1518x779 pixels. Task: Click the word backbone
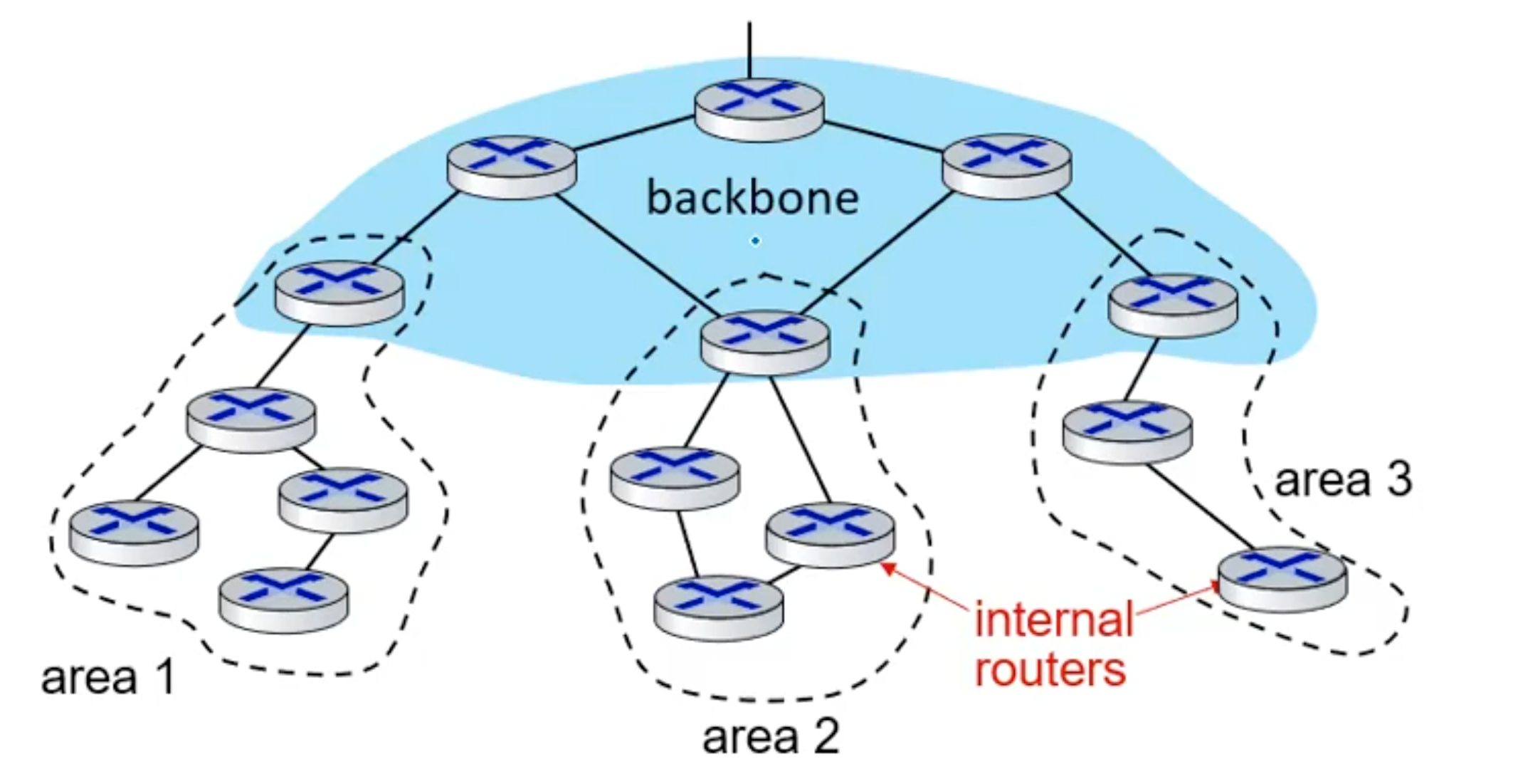(x=752, y=198)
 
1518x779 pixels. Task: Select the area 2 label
(x=771, y=737)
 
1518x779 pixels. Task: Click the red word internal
(x=1053, y=619)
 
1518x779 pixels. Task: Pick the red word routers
(x=1050, y=669)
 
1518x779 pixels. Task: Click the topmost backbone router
(x=759, y=109)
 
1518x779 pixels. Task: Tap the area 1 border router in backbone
(x=339, y=292)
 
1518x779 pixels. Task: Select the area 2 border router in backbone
(x=765, y=341)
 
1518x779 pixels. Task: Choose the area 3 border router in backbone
(x=1173, y=304)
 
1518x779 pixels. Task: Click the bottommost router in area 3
(x=1282, y=578)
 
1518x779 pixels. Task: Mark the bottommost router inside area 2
(x=718, y=607)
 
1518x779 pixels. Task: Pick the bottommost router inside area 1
(x=283, y=600)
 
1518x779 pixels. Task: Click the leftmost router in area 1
(x=135, y=533)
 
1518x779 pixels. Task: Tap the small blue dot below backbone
(x=755, y=241)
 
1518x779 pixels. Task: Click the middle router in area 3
(x=1127, y=432)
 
